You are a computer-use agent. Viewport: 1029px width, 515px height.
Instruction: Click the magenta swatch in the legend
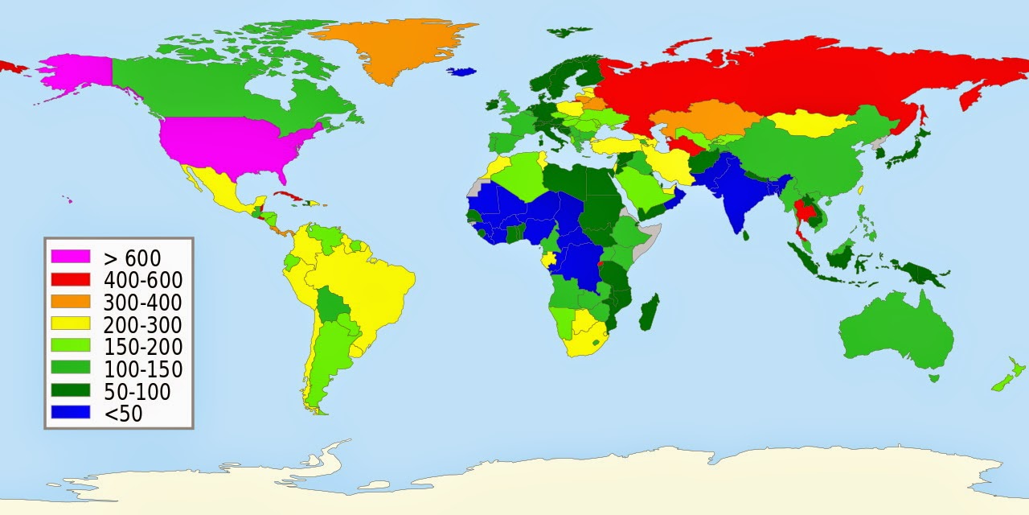[x=71, y=257]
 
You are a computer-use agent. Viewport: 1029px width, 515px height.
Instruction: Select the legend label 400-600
[x=143, y=280]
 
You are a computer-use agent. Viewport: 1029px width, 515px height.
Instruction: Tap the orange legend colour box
[x=71, y=303]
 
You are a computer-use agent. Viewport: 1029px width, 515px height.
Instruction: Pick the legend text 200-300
[x=143, y=325]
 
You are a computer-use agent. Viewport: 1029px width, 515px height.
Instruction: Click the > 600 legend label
[x=133, y=258]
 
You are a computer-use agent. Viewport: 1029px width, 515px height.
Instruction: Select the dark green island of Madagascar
[x=650, y=312]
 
